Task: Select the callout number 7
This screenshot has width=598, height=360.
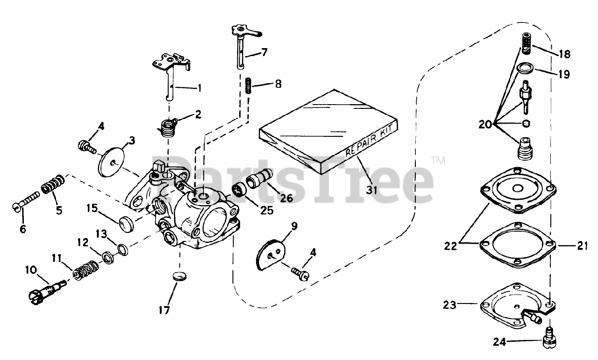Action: pyautogui.click(x=264, y=52)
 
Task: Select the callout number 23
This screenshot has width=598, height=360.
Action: pyautogui.click(x=449, y=305)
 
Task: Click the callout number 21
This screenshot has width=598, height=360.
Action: pyautogui.click(x=582, y=245)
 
